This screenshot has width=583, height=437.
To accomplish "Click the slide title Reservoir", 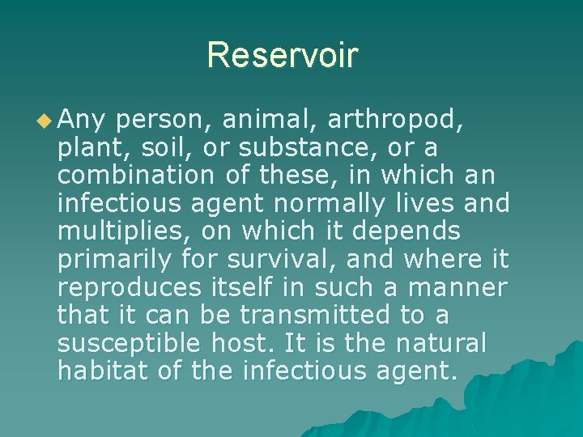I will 282,55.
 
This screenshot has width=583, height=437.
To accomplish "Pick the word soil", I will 160,149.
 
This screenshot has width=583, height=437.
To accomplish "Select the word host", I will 239,343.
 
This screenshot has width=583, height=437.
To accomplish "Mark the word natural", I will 441,343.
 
